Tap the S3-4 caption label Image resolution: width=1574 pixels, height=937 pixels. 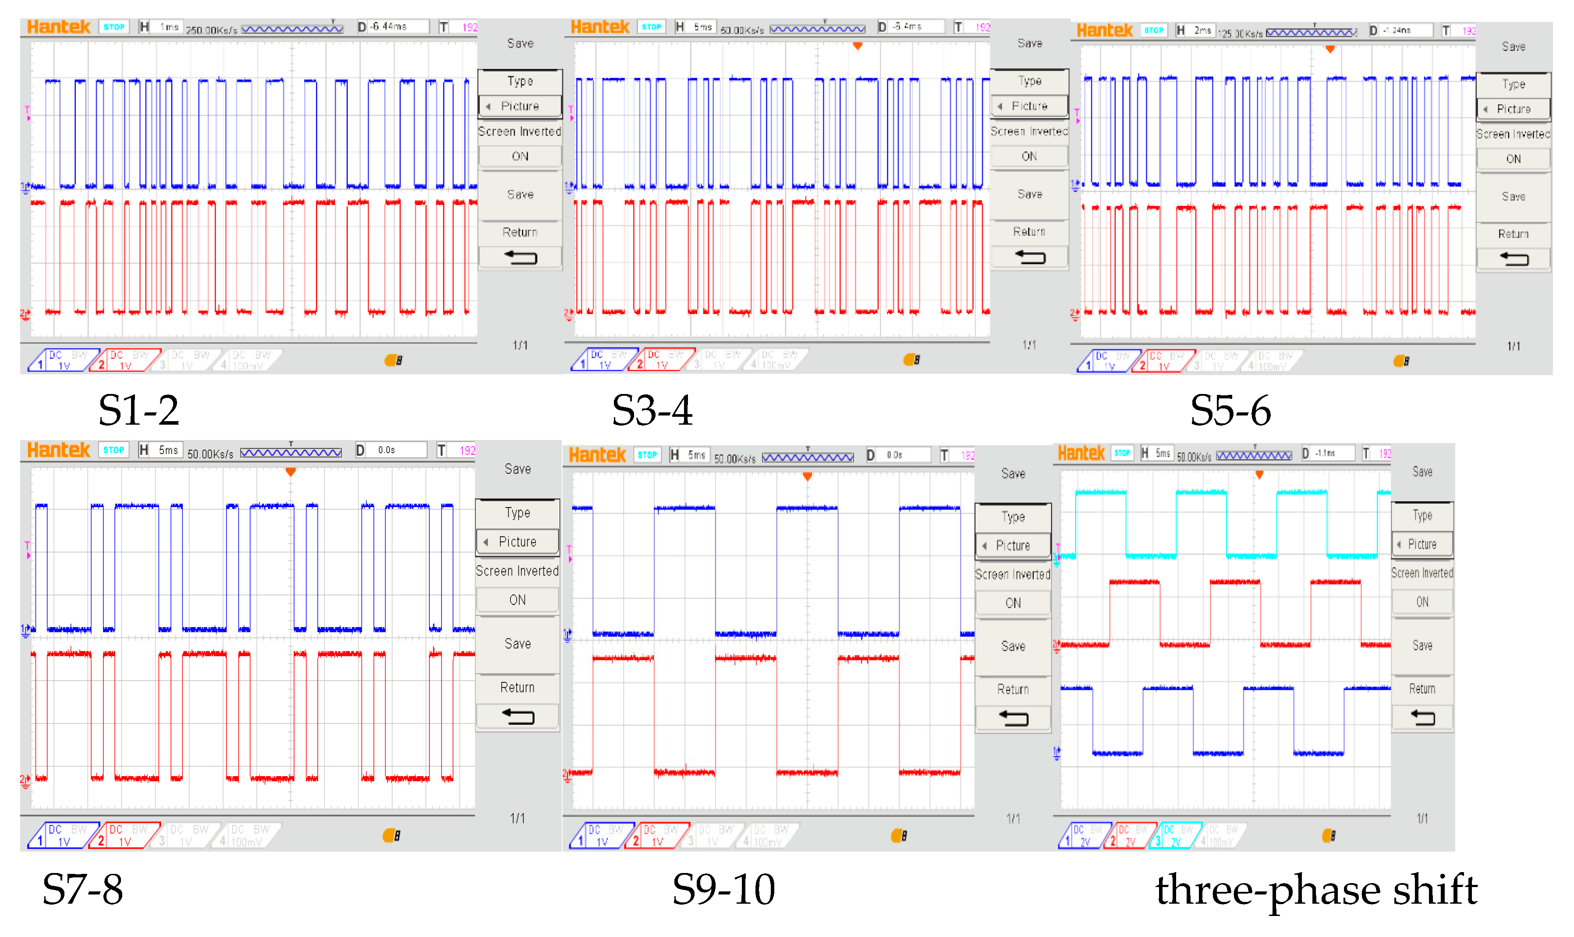[x=652, y=410]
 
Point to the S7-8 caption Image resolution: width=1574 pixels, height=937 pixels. [x=83, y=889]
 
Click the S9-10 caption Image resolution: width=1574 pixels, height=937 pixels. [x=723, y=889]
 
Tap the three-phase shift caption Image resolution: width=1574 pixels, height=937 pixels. [x=1316, y=889]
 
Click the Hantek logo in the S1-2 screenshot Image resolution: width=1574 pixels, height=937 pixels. [x=59, y=27]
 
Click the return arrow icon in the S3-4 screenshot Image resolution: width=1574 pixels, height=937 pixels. [x=1029, y=257]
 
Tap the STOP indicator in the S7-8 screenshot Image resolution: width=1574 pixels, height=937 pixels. [x=113, y=450]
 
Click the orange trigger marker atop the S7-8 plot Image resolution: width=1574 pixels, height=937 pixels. [x=291, y=472]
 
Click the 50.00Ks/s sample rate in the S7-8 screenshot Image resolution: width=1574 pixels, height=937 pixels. [x=210, y=453]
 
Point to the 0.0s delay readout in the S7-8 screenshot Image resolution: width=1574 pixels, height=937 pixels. [x=386, y=450]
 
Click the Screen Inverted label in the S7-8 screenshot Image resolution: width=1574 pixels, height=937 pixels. [x=517, y=571]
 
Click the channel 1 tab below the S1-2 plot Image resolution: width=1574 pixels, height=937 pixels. [x=58, y=360]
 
